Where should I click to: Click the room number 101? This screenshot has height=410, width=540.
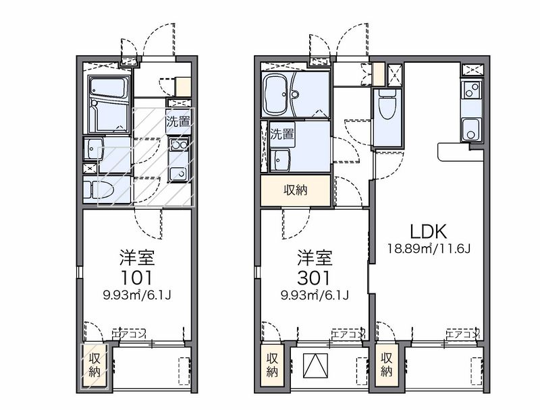(137, 278)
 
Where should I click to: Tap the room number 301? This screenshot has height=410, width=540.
(315, 278)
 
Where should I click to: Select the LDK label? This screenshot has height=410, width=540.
(429, 232)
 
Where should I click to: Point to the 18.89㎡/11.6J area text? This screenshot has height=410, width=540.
(429, 248)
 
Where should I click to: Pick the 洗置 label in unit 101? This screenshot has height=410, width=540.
(178, 121)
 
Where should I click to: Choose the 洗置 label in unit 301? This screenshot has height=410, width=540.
(282, 134)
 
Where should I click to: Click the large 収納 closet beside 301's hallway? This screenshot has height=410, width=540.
(296, 191)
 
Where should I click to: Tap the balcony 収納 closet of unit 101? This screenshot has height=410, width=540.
(94, 365)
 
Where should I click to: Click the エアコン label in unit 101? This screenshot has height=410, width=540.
(129, 333)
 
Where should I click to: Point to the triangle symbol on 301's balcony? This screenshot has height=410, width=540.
(315, 365)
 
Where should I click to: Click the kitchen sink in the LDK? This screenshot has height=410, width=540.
(471, 129)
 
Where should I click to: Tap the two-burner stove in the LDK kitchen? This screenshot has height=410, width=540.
(471, 90)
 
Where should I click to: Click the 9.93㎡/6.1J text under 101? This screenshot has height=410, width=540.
(137, 295)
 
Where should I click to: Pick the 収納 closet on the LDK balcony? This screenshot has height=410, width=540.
(387, 365)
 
